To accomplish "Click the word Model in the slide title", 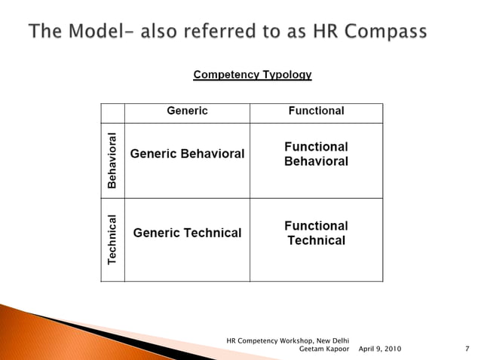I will pos(85,32).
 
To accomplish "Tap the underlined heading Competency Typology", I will pos(253,75).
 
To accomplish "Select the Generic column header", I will pos(187,111).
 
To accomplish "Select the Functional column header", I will pos(316,111).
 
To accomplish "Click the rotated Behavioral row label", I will pos(112,160).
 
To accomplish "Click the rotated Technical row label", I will pos(112,239).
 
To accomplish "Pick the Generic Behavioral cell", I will pos(187,154).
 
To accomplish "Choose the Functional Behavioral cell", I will pos(316,154).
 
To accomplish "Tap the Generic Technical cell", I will pos(187,233).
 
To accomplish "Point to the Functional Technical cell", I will pos(316,233).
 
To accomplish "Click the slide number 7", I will pos(468,349).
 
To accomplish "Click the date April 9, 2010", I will pos(380,349).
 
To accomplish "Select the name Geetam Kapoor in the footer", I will pos(325,349).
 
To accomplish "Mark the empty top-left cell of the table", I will pos(112,112).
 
